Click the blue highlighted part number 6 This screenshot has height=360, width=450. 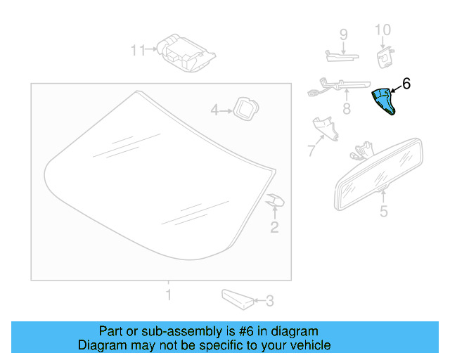click(x=385, y=103)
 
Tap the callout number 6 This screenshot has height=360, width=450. click(x=406, y=84)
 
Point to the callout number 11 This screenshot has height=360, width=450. click(x=137, y=50)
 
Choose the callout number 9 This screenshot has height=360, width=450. click(x=344, y=34)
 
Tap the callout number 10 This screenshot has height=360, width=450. click(x=382, y=30)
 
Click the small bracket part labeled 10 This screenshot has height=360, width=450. click(x=385, y=55)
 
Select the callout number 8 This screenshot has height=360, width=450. click(x=346, y=109)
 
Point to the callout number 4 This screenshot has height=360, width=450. click(x=217, y=110)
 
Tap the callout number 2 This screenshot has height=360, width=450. click(x=274, y=226)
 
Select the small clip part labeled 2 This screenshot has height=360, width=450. click(x=275, y=202)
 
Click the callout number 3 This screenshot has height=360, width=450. click(x=270, y=302)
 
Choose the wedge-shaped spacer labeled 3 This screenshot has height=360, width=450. click(x=236, y=298)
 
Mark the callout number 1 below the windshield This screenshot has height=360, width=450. click(x=168, y=293)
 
